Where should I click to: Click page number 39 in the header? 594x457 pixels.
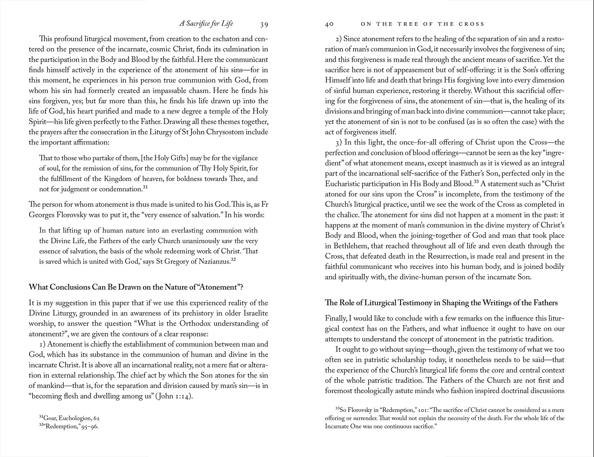point(264,25)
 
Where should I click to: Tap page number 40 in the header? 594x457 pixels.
point(329,24)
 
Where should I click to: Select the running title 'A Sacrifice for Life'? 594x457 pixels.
point(206,24)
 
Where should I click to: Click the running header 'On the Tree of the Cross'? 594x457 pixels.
point(423,24)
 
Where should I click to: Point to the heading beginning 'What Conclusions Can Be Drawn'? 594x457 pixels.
point(141,287)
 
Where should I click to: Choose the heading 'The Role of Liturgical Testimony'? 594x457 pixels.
point(441,303)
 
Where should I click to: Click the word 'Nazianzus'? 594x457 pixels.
point(213,262)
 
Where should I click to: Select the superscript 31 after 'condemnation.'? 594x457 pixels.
point(145,187)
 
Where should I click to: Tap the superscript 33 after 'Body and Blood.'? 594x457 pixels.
point(476,182)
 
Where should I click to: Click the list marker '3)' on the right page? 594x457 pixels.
point(339,142)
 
